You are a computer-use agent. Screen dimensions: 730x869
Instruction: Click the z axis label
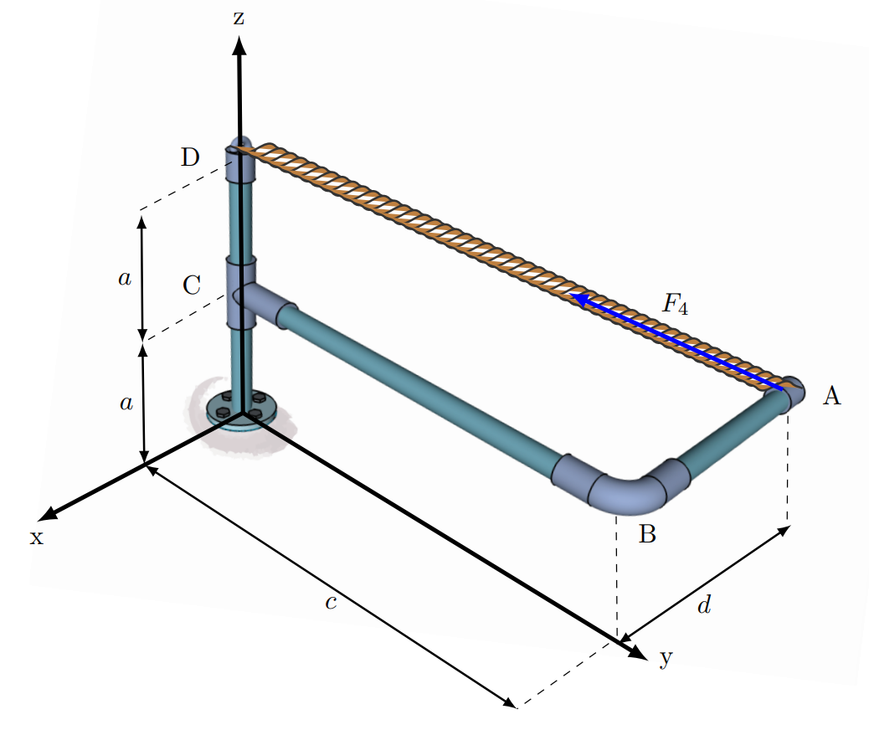239,18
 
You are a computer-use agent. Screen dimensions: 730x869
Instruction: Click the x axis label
36,537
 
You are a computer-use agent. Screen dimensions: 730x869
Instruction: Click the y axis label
666,658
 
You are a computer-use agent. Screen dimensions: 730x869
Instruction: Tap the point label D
191,157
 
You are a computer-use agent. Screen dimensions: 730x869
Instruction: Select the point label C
192,285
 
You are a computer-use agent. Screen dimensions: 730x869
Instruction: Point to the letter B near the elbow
647,533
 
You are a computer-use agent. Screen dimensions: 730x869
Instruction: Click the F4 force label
675,305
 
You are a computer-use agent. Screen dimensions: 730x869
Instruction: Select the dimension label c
331,603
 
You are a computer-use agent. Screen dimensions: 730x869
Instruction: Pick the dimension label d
704,605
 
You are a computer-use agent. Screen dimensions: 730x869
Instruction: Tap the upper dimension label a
125,279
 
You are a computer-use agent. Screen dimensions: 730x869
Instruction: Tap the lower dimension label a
126,404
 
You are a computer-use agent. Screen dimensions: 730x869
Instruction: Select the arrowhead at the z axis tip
239,49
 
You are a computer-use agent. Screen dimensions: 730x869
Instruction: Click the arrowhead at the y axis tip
635,650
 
